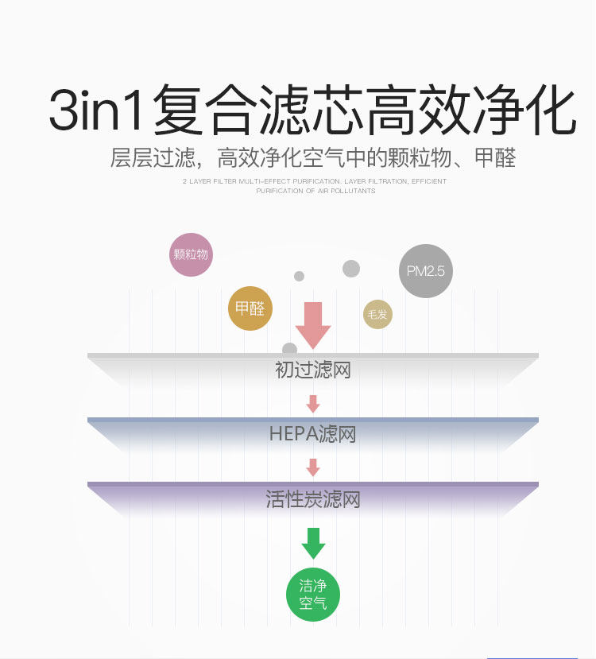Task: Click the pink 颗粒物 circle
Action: click(191, 254)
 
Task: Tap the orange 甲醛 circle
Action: click(250, 308)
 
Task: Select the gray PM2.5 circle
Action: click(425, 271)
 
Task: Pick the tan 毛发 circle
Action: click(378, 315)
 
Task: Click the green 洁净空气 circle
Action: click(313, 595)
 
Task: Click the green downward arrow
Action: click(313, 543)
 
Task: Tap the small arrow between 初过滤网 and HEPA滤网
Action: click(313, 404)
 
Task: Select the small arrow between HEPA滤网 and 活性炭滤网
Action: click(313, 467)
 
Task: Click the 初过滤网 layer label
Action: click(313, 370)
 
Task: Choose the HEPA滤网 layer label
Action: click(312, 435)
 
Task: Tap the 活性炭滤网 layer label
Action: click(313, 500)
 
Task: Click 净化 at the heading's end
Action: click(528, 110)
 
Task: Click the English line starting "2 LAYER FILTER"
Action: click(315, 181)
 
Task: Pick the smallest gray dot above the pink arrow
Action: click(299, 276)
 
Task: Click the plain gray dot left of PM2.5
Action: click(351, 269)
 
